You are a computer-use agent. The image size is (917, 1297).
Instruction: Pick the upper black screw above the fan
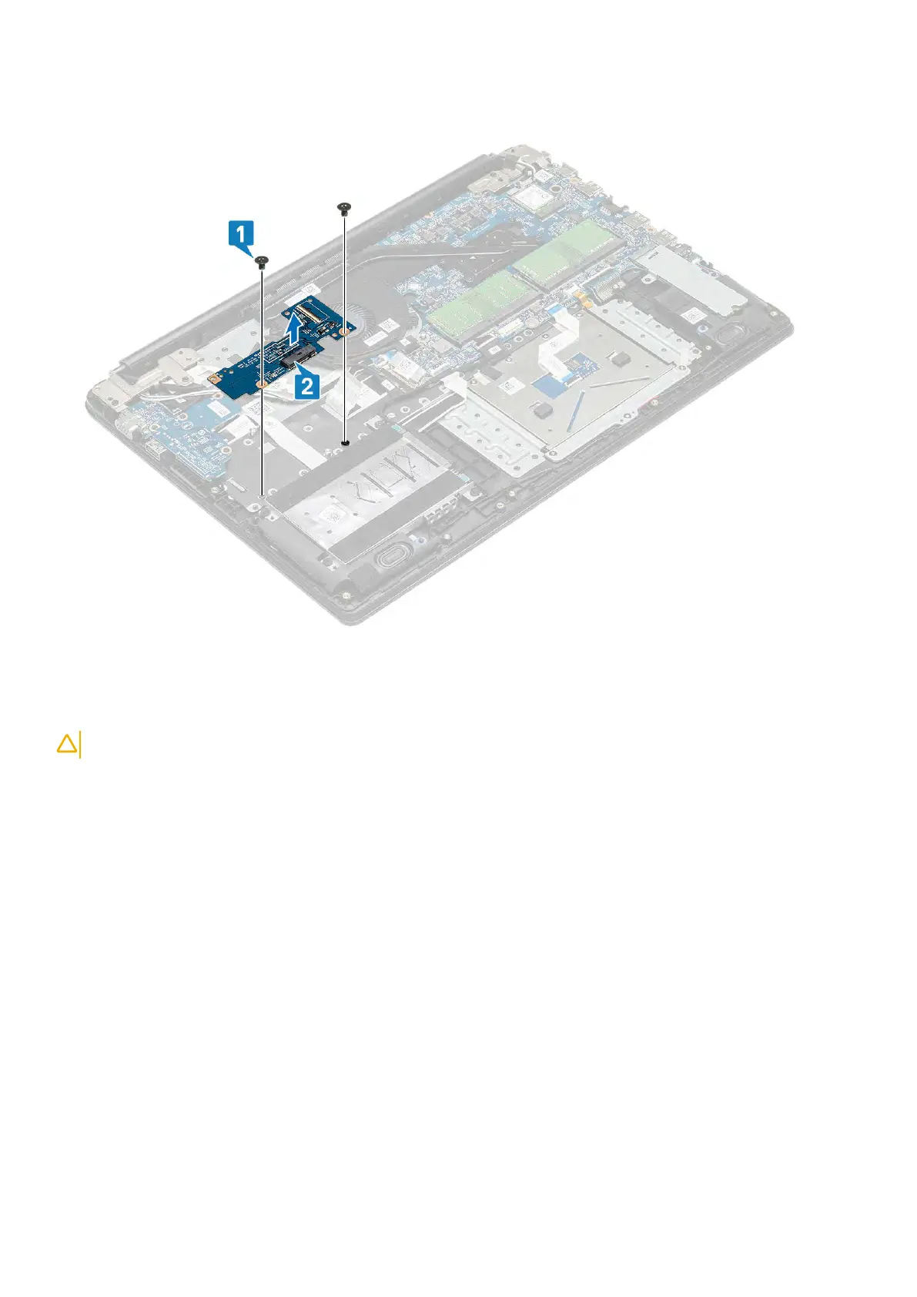[344, 206]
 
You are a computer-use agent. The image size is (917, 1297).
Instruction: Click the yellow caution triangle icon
[67, 744]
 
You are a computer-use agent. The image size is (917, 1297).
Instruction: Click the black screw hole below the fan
[346, 444]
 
